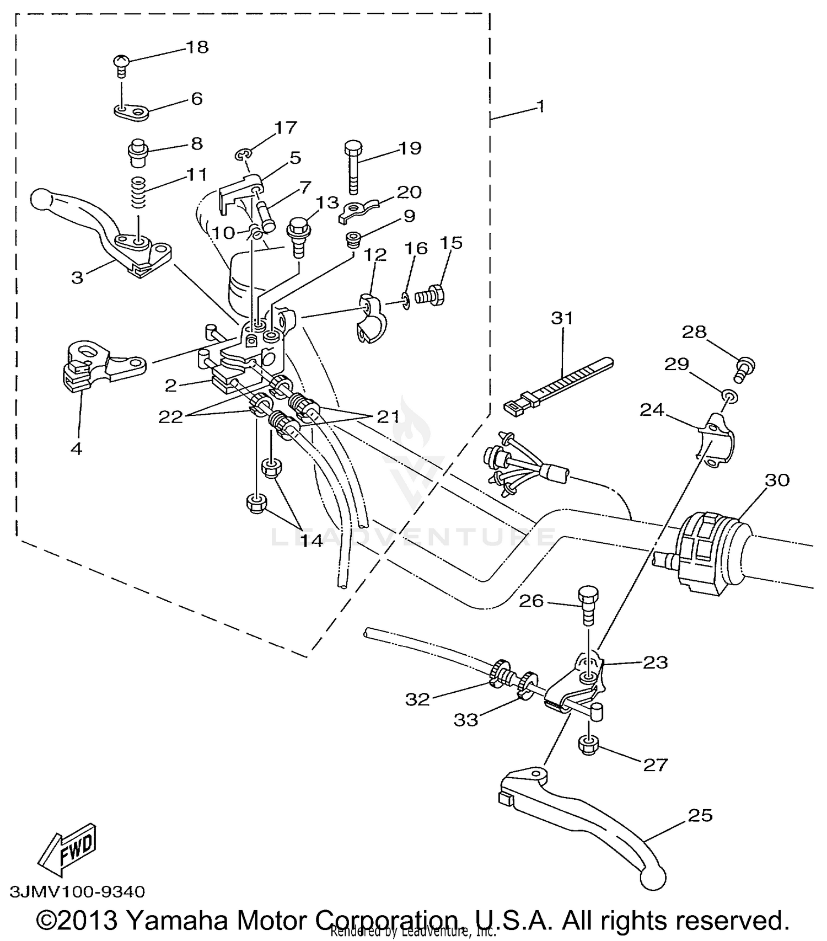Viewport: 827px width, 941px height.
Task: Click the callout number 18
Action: pos(197,47)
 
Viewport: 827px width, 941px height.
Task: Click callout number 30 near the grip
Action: pos(777,480)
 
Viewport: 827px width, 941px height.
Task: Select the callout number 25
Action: pos(700,815)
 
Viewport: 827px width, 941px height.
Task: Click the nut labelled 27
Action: pos(589,746)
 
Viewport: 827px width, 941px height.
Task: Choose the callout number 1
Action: pos(541,106)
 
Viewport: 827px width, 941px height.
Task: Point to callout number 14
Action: pos(312,540)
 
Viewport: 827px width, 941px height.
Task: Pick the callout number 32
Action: pos(417,699)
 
